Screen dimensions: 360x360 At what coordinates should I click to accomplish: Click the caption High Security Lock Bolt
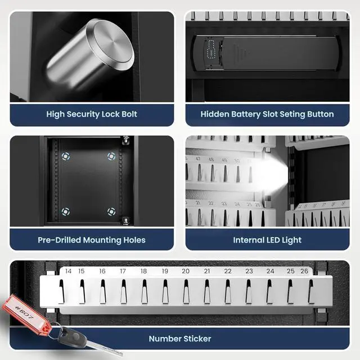click(92, 114)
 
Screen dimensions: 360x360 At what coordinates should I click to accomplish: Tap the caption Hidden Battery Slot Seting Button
click(267, 114)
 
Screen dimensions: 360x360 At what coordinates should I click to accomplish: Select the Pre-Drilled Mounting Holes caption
click(92, 240)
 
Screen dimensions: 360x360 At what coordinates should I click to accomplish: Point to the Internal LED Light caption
click(267, 240)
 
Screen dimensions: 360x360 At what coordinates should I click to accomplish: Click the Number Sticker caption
click(180, 339)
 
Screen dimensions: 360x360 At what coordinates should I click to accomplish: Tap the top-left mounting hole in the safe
click(67, 157)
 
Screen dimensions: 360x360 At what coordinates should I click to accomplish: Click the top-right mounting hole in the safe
click(111, 157)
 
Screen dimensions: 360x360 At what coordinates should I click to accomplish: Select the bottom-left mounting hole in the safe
click(66, 211)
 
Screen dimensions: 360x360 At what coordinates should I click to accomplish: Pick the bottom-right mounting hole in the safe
click(111, 211)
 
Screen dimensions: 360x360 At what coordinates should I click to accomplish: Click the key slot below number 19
click(165, 291)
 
